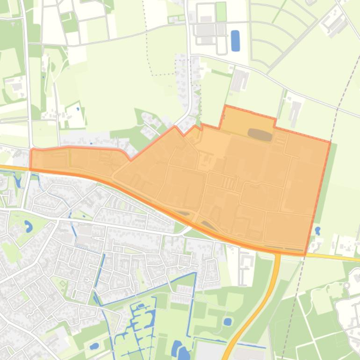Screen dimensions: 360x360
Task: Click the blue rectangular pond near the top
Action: pyautogui.click(x=235, y=41)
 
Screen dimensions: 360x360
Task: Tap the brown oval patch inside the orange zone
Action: pyautogui.click(x=260, y=135)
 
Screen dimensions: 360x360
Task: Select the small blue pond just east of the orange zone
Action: pyautogui.click(x=318, y=230)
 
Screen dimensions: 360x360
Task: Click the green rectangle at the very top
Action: pyautogui.click(x=221, y=12)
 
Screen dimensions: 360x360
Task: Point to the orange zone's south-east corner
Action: pyautogui.click(x=306, y=254)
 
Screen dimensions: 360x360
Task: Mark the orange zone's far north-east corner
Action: pyautogui.click(x=330, y=141)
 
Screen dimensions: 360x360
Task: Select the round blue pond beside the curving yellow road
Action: pyautogui.click(x=228, y=322)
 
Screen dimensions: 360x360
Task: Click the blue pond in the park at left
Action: pyautogui.click(x=28, y=227)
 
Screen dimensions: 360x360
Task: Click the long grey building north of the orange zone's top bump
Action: pyautogui.click(x=240, y=80)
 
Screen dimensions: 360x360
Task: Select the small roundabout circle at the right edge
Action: pyautogui.click(x=347, y=286)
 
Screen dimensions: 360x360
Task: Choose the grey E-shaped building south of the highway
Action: pyautogui.click(x=244, y=266)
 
